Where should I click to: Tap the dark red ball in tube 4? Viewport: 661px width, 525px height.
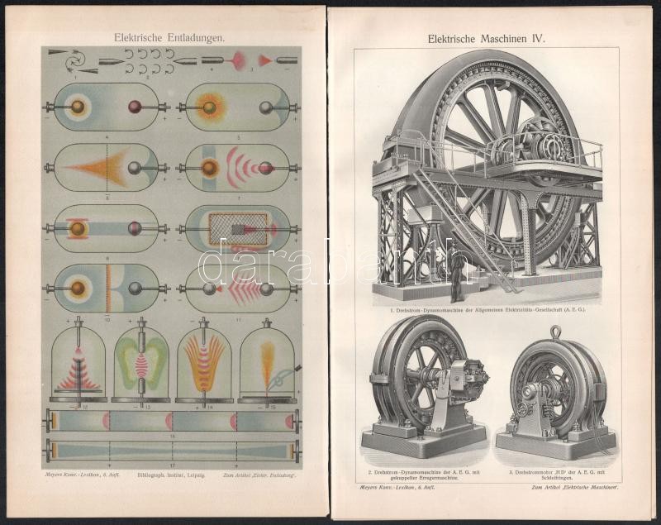[x=135, y=107]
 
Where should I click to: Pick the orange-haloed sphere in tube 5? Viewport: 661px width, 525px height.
[x=209, y=107]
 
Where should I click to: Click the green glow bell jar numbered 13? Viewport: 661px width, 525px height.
[x=140, y=364]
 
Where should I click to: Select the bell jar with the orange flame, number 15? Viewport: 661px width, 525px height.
[x=267, y=364]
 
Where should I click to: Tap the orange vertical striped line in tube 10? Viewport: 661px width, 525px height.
[x=108, y=288]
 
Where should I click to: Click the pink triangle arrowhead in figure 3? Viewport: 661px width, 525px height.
[x=265, y=60]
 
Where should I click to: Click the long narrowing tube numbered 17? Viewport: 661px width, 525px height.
[x=174, y=451]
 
